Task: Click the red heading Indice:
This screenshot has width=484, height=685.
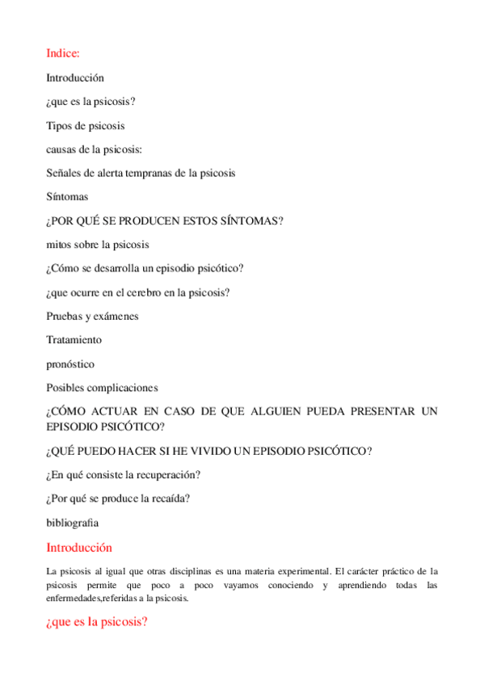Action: click(63, 54)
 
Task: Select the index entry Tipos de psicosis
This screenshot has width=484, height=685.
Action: click(85, 125)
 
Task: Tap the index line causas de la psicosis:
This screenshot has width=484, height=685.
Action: click(95, 149)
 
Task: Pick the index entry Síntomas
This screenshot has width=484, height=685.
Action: click(67, 196)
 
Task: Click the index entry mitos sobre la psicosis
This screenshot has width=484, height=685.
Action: click(97, 244)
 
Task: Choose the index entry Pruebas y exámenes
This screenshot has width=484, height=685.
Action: click(91, 316)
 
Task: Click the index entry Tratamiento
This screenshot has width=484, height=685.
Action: click(74, 340)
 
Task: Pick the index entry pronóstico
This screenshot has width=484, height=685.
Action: click(70, 364)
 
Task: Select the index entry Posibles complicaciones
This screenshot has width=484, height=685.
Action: click(102, 388)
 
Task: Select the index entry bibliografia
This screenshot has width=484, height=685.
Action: click(72, 522)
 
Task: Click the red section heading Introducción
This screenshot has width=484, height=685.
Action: click(78, 548)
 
